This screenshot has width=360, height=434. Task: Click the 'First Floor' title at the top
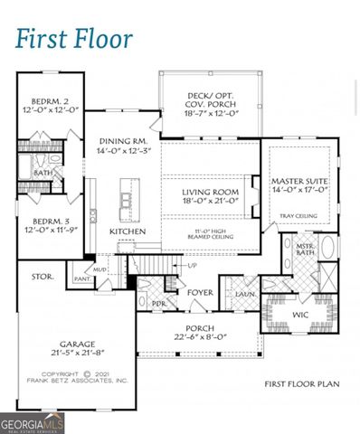click(74, 39)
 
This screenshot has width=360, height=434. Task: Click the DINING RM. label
click(123, 141)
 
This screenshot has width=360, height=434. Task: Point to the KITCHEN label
click(127, 231)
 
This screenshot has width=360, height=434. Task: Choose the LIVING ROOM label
click(209, 192)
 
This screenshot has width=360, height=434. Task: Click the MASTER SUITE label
click(299, 181)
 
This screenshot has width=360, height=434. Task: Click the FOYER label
click(200, 292)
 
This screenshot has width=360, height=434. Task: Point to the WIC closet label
click(300, 314)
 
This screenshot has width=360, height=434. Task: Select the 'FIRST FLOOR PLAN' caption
click(301, 384)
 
